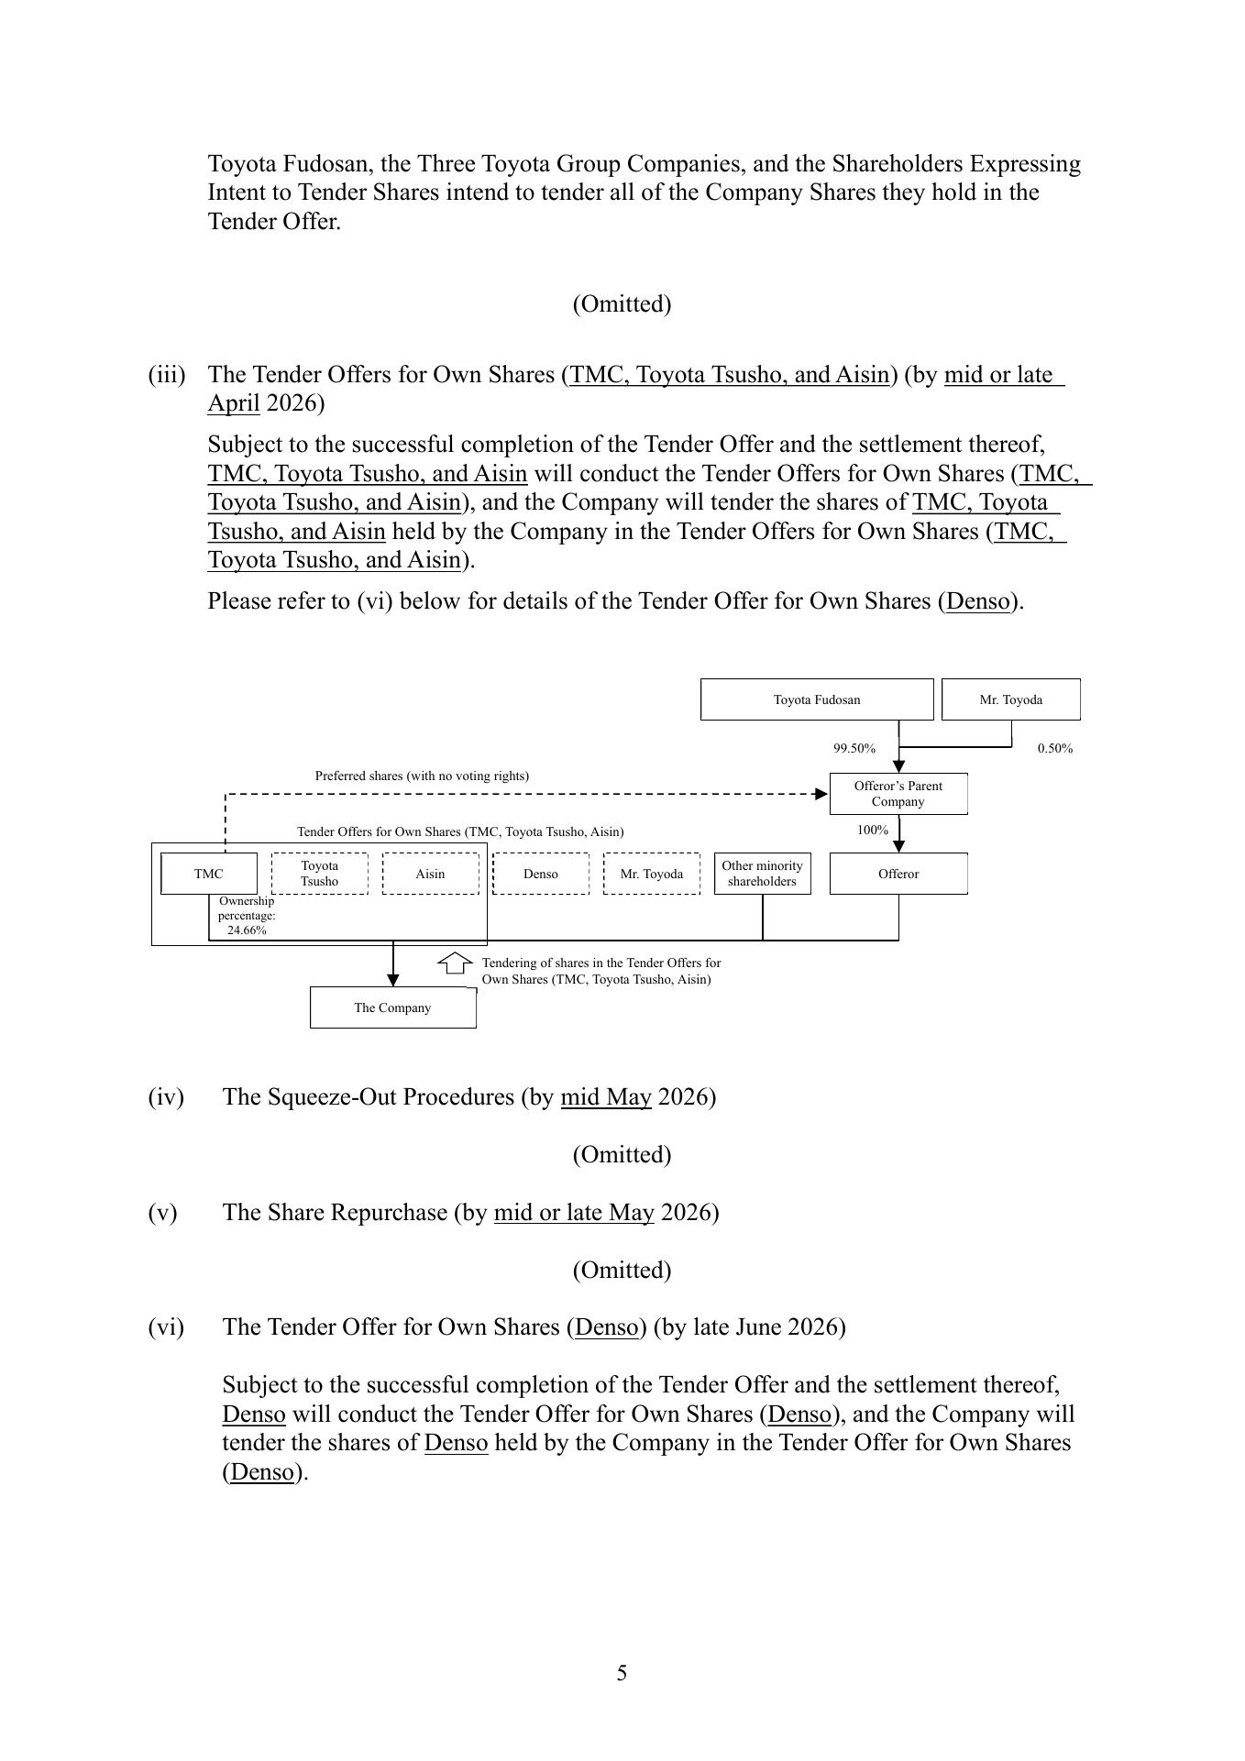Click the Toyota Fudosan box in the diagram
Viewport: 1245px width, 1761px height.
(x=817, y=699)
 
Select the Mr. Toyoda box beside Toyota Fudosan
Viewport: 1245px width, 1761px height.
(x=1010, y=699)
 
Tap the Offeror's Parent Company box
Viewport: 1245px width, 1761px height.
(x=898, y=794)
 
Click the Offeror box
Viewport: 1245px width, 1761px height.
(x=898, y=874)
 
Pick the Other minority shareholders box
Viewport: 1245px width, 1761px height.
(x=762, y=874)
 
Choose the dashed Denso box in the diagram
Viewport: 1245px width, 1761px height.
(x=541, y=874)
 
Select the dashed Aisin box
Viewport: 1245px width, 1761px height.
(x=430, y=874)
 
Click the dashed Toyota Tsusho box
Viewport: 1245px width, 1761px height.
(x=320, y=874)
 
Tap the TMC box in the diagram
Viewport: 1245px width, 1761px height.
(x=208, y=874)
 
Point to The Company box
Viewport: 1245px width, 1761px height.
(x=392, y=1007)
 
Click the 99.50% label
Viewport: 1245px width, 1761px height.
(x=854, y=748)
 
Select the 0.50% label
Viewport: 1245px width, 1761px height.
(x=1054, y=748)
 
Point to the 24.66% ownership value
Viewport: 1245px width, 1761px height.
(x=247, y=930)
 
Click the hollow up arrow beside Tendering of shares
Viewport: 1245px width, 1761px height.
(x=455, y=963)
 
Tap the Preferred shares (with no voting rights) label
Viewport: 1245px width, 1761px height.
(x=422, y=776)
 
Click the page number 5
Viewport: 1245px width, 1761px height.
(x=622, y=1673)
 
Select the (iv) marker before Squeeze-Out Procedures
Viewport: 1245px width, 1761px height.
(x=166, y=1097)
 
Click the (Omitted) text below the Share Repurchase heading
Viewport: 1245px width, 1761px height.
(x=622, y=1270)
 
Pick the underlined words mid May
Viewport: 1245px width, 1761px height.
(x=606, y=1097)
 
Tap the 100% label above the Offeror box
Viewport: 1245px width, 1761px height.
(x=872, y=830)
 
